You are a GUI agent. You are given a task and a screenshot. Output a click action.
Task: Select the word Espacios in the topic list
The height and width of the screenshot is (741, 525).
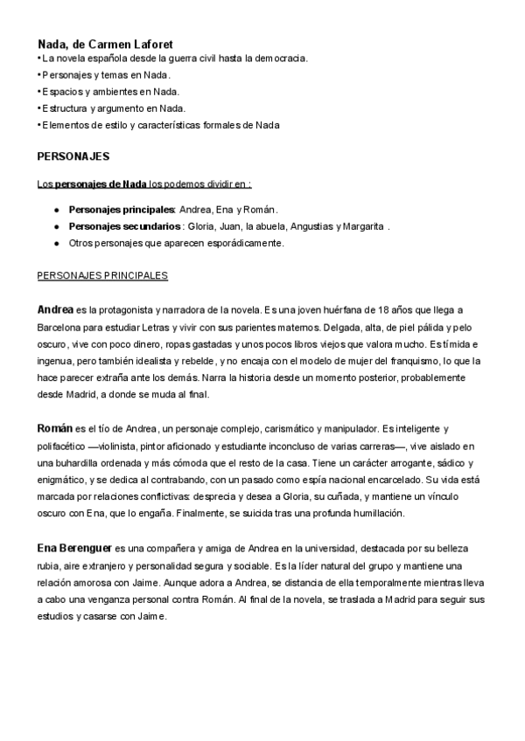tap(61, 92)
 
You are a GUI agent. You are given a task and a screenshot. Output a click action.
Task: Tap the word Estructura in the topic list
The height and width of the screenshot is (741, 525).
tap(65, 108)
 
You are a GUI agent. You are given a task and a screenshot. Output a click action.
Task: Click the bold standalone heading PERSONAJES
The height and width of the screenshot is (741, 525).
tap(73, 156)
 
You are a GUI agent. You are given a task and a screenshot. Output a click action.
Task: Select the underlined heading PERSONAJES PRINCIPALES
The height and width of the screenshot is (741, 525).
tap(102, 275)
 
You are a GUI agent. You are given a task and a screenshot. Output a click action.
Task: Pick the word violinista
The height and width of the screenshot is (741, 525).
tap(110, 447)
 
